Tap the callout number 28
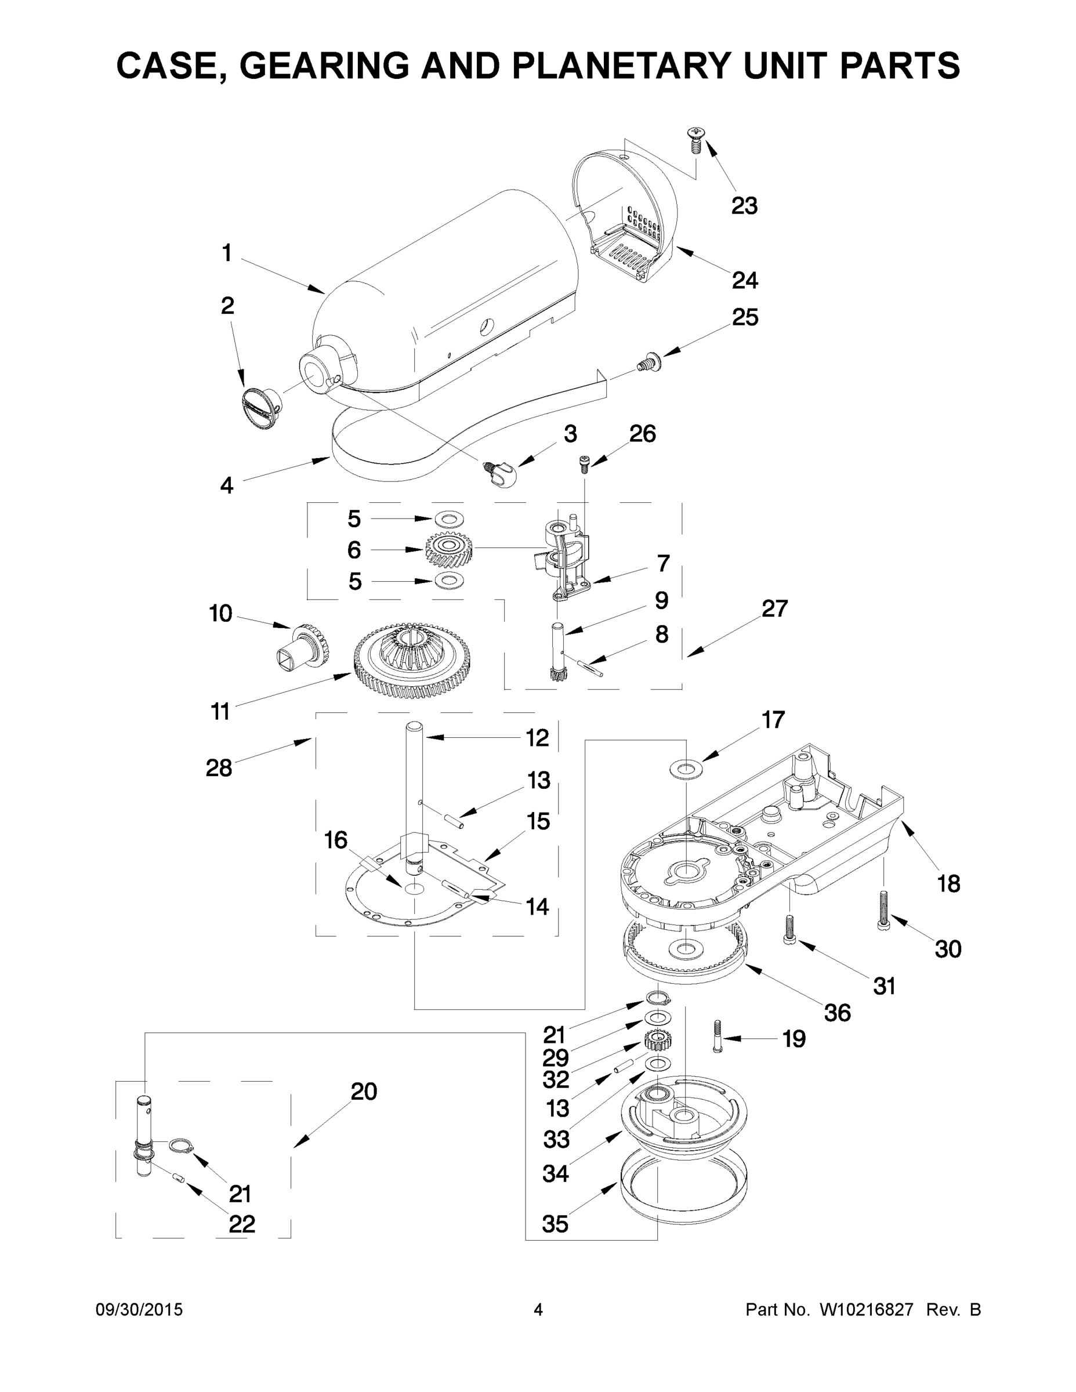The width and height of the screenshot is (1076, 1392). (219, 768)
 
